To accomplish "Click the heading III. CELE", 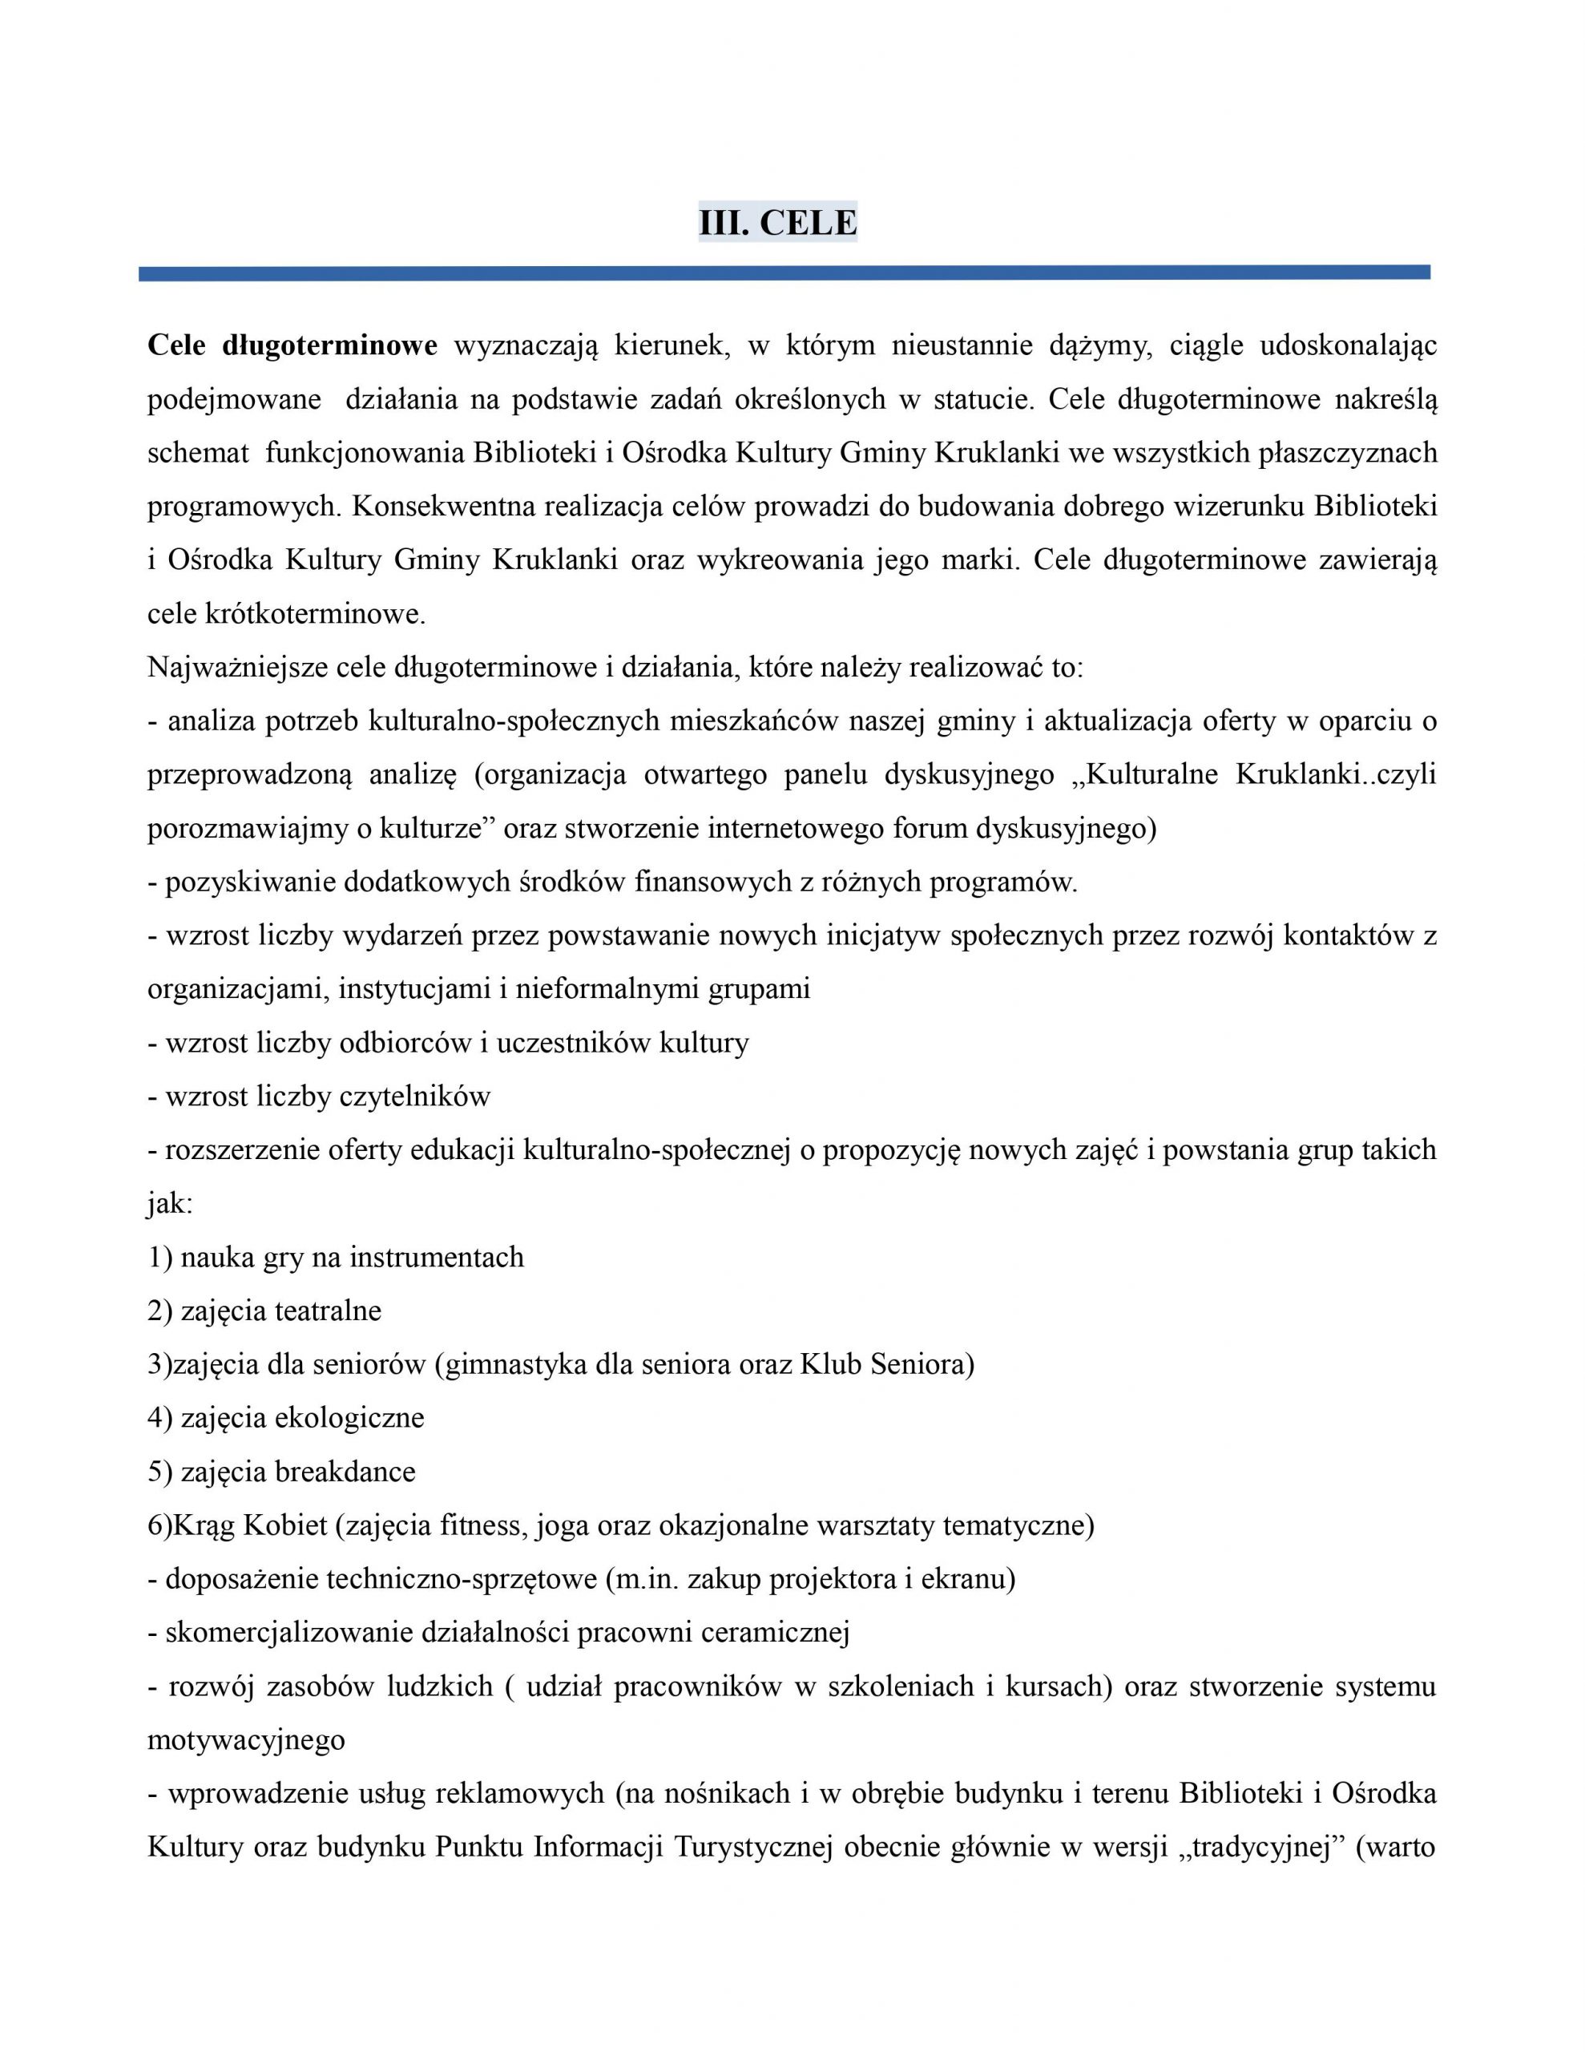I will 777,223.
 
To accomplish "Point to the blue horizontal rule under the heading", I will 784,273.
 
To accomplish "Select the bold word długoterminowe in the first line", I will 330,345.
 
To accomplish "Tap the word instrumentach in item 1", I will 437,1257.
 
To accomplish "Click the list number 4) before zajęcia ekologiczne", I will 159,1418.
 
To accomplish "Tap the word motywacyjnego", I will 246,1740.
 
